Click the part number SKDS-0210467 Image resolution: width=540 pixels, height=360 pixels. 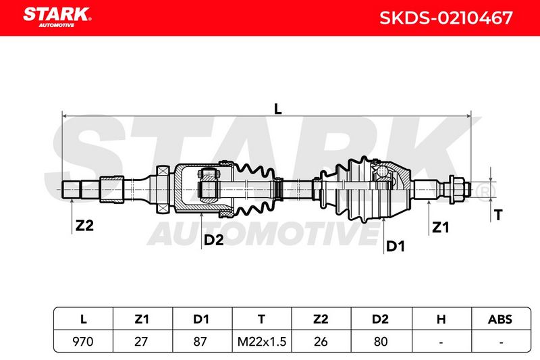click(x=446, y=18)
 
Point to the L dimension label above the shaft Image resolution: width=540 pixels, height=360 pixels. click(x=277, y=109)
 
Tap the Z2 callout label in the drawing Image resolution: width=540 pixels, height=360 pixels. click(x=84, y=226)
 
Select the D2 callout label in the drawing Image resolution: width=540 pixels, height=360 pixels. click(x=213, y=240)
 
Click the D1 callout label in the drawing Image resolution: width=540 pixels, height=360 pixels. click(x=396, y=247)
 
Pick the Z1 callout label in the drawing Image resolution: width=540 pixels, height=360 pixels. click(x=441, y=228)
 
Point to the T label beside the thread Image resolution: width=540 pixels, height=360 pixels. click(x=498, y=215)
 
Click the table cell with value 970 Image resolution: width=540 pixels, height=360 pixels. click(x=83, y=342)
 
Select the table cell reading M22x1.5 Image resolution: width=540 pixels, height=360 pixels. click(x=262, y=342)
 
